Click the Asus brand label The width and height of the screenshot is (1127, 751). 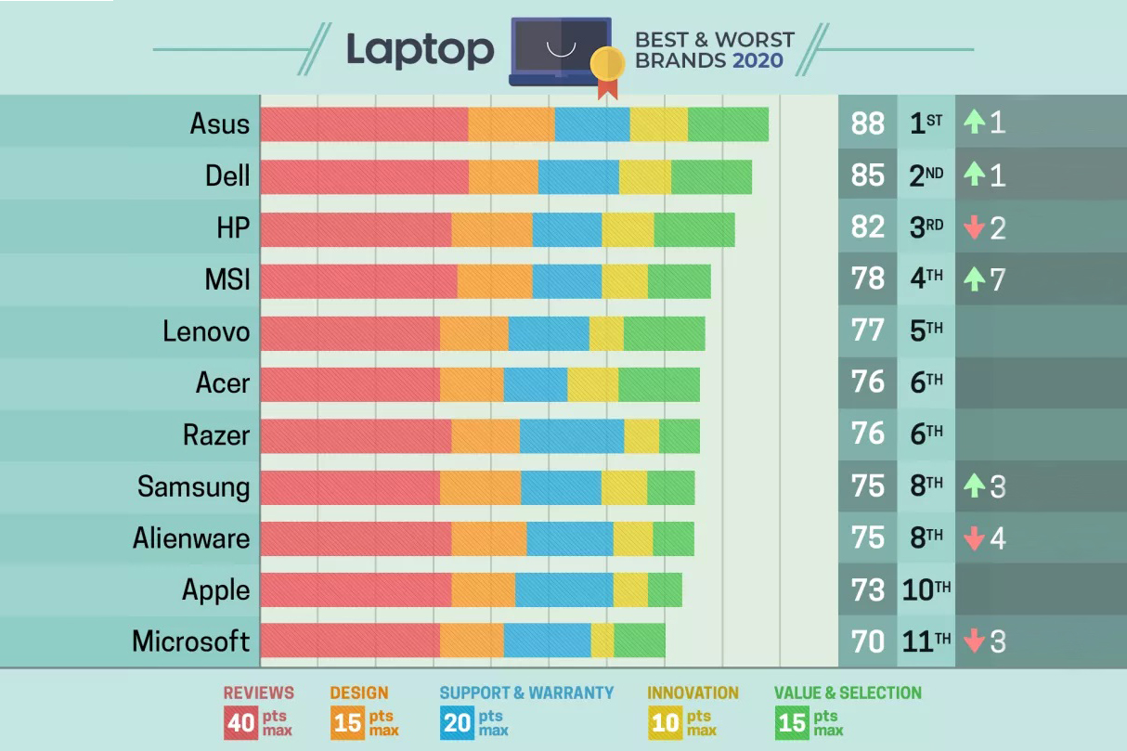tap(220, 123)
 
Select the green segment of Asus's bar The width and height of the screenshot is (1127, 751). tap(728, 124)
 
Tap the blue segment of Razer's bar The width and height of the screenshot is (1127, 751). tap(572, 435)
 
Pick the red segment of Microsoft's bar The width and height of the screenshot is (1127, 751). tap(350, 641)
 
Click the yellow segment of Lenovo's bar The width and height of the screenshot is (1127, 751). tap(606, 331)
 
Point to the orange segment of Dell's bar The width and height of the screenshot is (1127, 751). tap(503, 176)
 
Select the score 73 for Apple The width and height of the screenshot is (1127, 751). tap(868, 589)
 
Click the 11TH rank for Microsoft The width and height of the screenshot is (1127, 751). tap(926, 641)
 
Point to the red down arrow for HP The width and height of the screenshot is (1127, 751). tap(974, 228)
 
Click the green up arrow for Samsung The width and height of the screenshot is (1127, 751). tap(974, 486)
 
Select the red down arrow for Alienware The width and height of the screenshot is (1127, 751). tap(974, 538)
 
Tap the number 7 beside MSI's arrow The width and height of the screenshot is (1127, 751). tap(998, 279)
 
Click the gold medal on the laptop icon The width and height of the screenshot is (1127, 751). tap(607, 64)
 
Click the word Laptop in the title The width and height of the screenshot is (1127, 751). tap(420, 50)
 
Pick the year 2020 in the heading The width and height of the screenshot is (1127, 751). tap(758, 61)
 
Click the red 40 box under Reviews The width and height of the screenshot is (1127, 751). tap(241, 722)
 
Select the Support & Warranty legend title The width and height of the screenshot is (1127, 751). tap(526, 693)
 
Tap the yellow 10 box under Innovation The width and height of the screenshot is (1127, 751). tap(666, 722)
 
